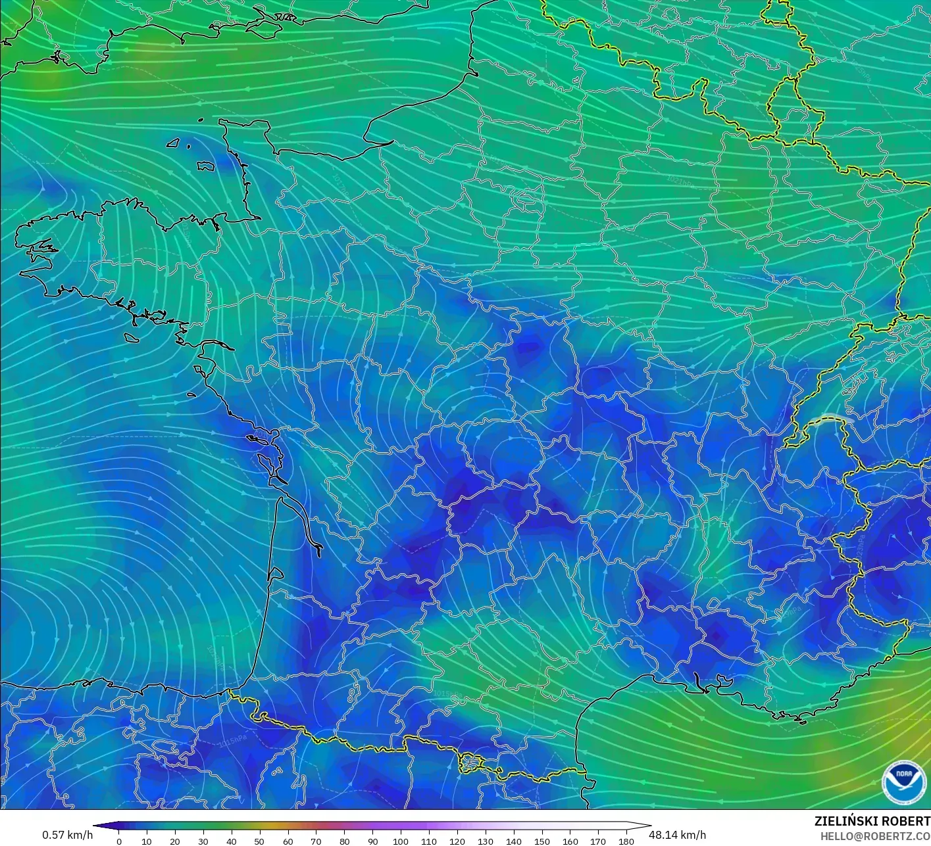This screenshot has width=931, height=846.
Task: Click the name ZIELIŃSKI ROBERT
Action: tap(872, 821)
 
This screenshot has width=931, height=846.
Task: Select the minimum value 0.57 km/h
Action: tap(67, 835)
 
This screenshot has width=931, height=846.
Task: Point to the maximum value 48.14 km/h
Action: tap(677, 835)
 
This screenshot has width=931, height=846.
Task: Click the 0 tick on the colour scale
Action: tap(119, 841)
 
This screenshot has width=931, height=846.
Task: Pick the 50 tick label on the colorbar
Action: tap(259, 841)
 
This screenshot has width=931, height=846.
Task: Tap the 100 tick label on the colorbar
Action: tap(401, 841)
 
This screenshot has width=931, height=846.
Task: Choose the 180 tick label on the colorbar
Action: tap(626, 841)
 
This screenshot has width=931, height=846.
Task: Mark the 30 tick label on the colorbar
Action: tap(203, 841)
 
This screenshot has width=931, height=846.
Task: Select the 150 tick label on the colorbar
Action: tap(541, 841)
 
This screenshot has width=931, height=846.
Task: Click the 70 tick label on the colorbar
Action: tap(316, 841)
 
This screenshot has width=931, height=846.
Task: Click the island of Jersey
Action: tap(205, 166)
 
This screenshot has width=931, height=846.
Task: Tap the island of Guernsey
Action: tap(174, 142)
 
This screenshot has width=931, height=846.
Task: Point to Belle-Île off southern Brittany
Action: tap(133, 337)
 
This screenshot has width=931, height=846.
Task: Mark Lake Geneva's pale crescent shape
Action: tap(830, 419)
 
